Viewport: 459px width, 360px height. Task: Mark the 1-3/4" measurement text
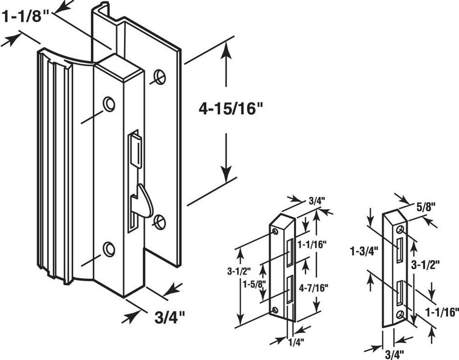(x=364, y=253)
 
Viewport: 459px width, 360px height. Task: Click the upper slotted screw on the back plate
(x=159, y=76)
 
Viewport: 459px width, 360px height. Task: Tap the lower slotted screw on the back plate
(x=159, y=222)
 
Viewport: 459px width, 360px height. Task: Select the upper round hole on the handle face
(x=109, y=104)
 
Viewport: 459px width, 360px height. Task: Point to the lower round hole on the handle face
(x=109, y=249)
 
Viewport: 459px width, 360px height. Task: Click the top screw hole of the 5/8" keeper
(x=401, y=229)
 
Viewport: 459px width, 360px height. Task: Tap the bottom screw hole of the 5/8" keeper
(x=401, y=315)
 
